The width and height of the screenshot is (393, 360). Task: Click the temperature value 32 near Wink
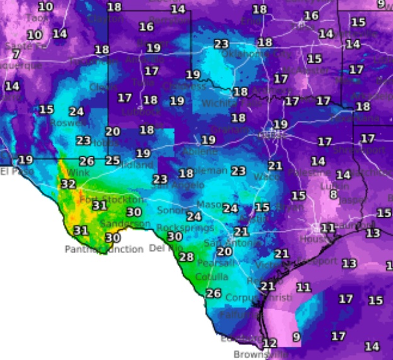pos(69,184)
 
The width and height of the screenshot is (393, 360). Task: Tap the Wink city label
pos(78,172)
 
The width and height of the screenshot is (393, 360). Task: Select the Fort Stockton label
pos(103,200)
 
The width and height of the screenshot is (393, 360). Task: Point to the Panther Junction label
pos(104,249)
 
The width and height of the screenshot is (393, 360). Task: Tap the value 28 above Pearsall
pos(186,257)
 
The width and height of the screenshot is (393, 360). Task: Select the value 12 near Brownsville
pos(270,343)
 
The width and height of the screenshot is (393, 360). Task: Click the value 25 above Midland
pos(113,160)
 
